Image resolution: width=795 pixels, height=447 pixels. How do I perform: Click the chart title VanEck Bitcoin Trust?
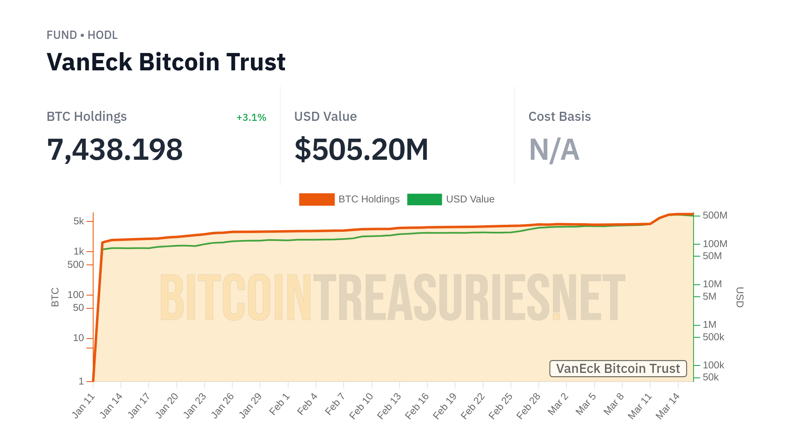[166, 62]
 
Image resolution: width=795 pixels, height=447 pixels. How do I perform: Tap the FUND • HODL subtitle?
[82, 35]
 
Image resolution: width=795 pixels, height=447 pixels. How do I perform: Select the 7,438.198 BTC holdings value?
[115, 149]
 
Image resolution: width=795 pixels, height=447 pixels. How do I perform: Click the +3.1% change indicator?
[251, 118]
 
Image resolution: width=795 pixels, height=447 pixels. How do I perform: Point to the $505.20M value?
[361, 149]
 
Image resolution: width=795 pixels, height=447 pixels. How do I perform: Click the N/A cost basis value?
[554, 149]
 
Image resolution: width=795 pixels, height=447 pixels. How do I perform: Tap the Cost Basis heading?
[559, 117]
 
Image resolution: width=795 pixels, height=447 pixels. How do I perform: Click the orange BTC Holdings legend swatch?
[317, 199]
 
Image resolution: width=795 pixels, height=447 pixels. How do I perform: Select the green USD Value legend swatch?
[424, 199]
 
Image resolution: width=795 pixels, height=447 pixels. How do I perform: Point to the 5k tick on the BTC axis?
[79, 221]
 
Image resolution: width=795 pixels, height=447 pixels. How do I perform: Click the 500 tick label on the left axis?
[75, 265]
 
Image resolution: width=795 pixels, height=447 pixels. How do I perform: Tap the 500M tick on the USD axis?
[715, 216]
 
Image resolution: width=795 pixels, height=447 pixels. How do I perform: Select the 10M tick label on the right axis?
[712, 284]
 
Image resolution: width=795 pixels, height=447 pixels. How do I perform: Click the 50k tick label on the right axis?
[711, 377]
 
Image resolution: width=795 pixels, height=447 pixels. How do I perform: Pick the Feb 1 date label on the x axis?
[279, 404]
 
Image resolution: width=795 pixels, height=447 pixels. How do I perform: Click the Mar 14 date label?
[667, 406]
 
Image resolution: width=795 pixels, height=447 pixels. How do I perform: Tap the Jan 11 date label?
[83, 406]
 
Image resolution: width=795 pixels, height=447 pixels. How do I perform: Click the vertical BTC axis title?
[55, 297]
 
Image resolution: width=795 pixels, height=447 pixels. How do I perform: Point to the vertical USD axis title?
[740, 297]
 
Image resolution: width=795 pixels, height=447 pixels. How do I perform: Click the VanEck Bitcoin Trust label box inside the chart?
[618, 368]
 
